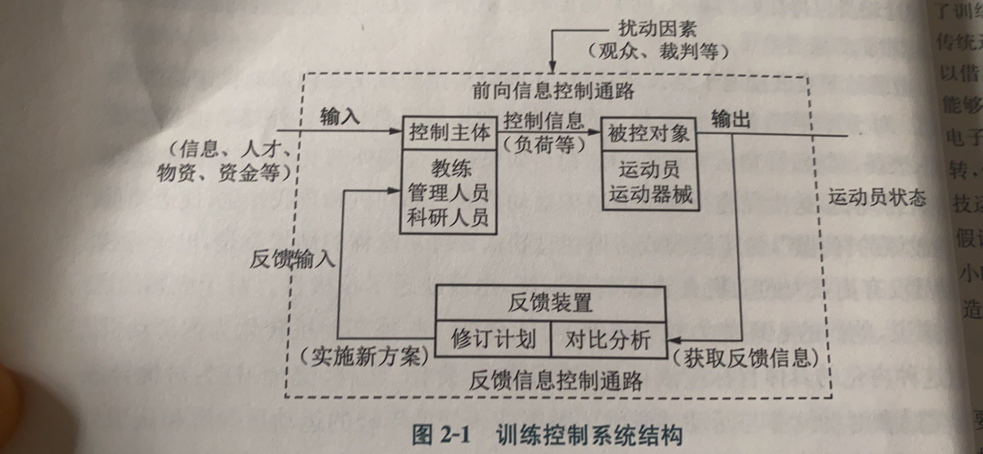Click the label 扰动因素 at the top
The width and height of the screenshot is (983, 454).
pos(657,29)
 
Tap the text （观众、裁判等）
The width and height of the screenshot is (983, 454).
pos(658,52)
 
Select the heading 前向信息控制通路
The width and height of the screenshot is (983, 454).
pos(553,90)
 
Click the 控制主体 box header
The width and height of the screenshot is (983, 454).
pos(449,133)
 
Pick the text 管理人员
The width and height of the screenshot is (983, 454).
pos(448,193)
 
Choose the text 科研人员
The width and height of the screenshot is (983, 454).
pos(448,218)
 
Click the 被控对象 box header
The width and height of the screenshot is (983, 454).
pos(648,134)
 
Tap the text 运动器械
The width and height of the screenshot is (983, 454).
pos(650,194)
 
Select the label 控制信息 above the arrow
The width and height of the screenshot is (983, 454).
pos(544,121)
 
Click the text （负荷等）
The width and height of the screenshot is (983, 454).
pos(544,146)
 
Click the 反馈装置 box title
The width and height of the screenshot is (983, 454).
pos(550,303)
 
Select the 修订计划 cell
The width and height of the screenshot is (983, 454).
pos(493,338)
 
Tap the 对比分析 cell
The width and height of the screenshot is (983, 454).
pos(608,339)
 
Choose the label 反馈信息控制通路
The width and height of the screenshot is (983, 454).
pos(555,380)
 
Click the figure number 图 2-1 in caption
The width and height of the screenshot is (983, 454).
pos(441,436)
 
